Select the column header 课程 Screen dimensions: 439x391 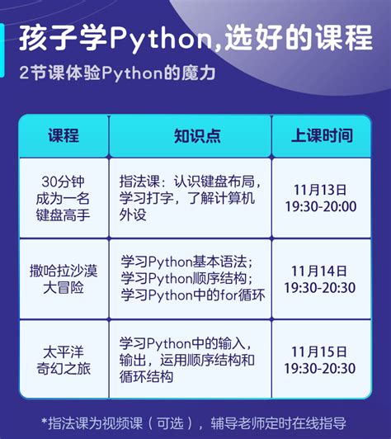63,135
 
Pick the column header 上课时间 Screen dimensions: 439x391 322,135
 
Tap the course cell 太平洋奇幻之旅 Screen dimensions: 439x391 63,360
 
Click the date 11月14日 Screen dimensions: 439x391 320,271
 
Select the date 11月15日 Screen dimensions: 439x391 320,352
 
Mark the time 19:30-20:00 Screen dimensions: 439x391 320,206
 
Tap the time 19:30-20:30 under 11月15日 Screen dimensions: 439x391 320,368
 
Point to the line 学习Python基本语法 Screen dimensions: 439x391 186,261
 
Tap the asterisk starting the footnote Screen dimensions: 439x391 45,422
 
